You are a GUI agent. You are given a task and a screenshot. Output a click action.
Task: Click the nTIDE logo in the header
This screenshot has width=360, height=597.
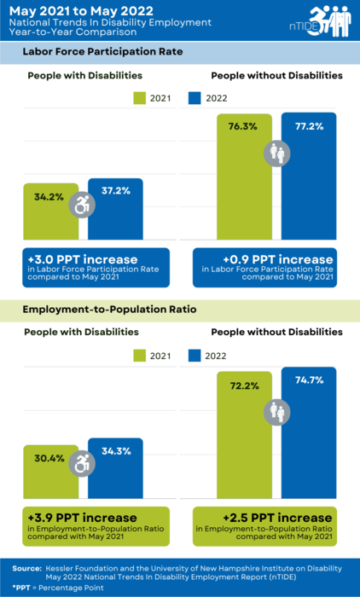click(320, 20)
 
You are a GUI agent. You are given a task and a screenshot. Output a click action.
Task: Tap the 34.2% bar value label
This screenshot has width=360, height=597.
click(48, 196)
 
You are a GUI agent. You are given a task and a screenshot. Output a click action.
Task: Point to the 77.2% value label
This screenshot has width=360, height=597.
click(309, 126)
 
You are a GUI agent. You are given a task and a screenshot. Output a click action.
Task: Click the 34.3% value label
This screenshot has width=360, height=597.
click(114, 450)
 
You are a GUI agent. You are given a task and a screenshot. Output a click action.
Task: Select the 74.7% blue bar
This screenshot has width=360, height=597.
click(309, 443)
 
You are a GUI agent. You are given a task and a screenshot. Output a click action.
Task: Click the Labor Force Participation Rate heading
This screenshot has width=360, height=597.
click(105, 53)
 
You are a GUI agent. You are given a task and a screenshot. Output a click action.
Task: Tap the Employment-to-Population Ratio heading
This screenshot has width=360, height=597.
click(111, 311)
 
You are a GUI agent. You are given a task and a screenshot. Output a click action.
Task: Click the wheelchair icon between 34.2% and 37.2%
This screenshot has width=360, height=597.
click(82, 205)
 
